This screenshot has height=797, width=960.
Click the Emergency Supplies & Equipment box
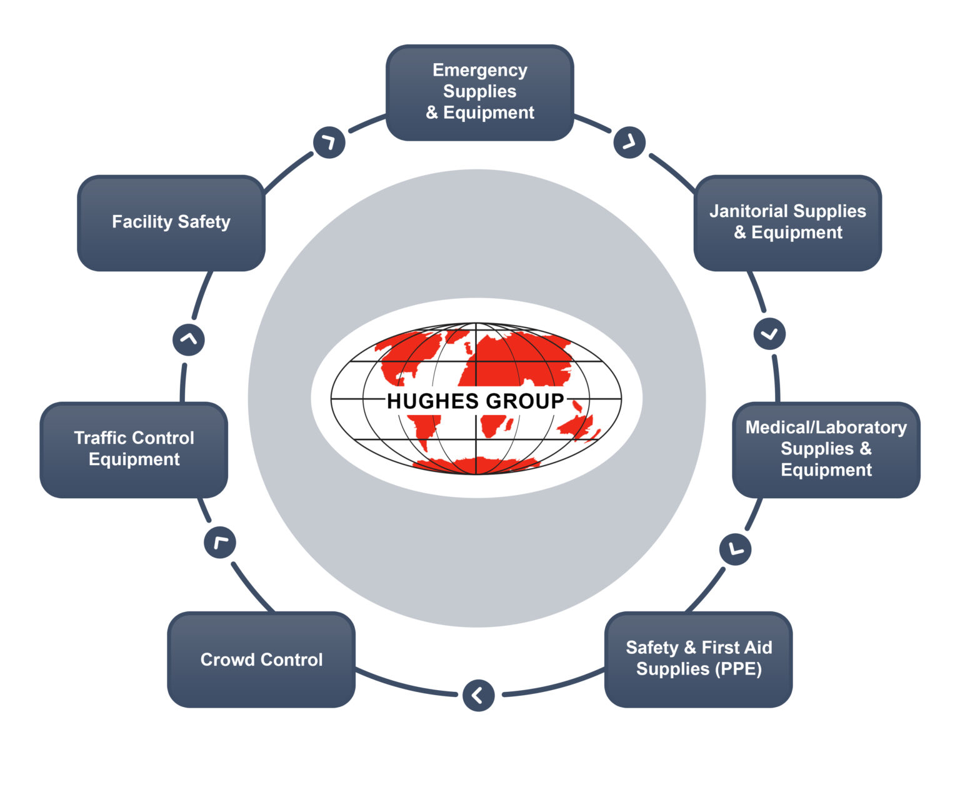[479, 93]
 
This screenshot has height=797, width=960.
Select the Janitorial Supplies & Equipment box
[787, 223]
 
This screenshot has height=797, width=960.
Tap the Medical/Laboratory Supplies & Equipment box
[826, 449]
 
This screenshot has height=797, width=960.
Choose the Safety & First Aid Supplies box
[698, 659]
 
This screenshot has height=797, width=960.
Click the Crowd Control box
[261, 659]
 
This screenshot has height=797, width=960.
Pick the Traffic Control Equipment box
[134, 449]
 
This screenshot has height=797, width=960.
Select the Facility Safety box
[171, 223]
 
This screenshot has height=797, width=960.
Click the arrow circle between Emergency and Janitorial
[629, 143]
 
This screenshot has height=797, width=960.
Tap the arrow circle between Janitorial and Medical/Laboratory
[769, 334]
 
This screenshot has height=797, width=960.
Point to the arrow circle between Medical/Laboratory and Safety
[736, 549]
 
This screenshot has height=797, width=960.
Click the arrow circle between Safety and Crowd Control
[479, 695]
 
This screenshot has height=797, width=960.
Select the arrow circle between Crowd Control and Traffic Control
[220, 542]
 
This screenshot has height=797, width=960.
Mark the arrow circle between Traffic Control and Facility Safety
[188, 339]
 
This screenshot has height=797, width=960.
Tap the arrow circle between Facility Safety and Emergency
[329, 143]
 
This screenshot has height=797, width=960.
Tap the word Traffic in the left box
[101, 438]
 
